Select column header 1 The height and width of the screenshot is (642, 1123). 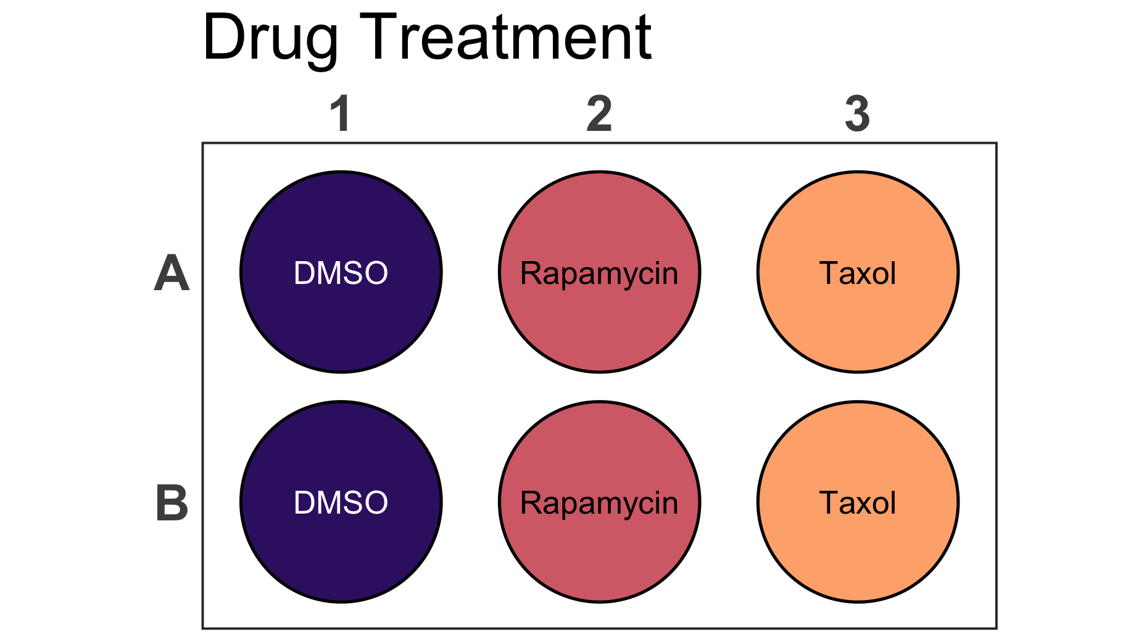(x=341, y=114)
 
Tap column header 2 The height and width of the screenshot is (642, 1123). (x=599, y=114)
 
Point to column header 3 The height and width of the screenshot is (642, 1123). (x=858, y=114)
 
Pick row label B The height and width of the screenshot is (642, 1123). (x=172, y=502)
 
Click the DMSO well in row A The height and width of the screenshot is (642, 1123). (x=341, y=272)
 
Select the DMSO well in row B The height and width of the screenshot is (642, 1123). (x=341, y=502)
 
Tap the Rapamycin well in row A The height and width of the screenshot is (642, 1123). (x=599, y=272)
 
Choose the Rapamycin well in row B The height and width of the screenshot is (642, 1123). (x=599, y=502)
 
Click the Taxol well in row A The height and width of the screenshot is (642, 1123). (x=858, y=272)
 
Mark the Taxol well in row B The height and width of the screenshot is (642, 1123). (x=858, y=502)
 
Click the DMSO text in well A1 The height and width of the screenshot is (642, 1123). (x=341, y=273)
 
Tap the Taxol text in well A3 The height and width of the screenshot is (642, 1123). (x=858, y=273)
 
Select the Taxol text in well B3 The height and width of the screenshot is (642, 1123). (x=858, y=502)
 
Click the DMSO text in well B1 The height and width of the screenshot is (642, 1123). (x=341, y=502)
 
